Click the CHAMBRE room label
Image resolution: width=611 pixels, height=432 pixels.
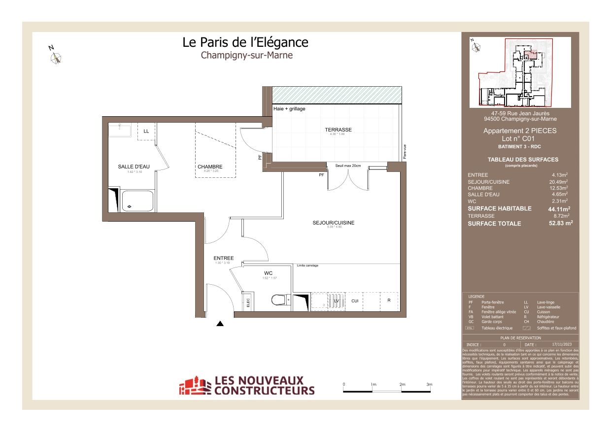click(x=210, y=166)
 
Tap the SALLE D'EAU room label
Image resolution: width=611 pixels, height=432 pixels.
click(x=130, y=166)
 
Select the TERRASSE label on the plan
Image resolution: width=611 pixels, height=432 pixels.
click(x=338, y=130)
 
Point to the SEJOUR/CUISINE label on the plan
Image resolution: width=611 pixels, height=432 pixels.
click(x=333, y=223)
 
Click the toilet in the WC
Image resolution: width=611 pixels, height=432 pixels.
click(x=279, y=299)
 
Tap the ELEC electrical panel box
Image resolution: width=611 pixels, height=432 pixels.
click(x=247, y=301)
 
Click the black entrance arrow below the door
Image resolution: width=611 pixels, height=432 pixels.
click(x=220, y=324)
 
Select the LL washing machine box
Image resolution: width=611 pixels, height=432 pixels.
click(x=146, y=132)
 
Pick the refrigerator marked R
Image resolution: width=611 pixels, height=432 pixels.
click(x=389, y=300)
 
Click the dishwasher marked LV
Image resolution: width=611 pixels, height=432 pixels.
click(x=337, y=301)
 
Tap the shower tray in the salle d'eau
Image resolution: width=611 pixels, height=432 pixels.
click(x=137, y=201)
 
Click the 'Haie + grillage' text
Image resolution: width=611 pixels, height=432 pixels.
click(x=289, y=109)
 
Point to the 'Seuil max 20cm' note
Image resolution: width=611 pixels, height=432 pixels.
click(x=348, y=166)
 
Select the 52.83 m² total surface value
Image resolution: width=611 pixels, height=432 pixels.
click(x=560, y=223)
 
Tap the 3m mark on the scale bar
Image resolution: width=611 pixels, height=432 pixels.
click(x=429, y=384)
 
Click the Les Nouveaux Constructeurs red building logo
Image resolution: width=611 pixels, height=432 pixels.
click(x=194, y=386)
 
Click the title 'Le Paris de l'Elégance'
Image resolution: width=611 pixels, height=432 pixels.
click(x=245, y=42)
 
